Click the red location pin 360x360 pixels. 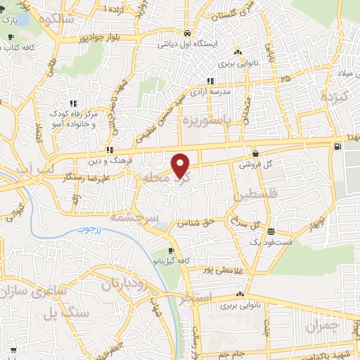click(181, 165)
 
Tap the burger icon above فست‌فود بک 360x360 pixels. click(271, 231)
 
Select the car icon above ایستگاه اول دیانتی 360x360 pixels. click(186, 33)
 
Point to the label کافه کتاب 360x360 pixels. click(21, 47)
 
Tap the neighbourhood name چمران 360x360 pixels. click(323, 326)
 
